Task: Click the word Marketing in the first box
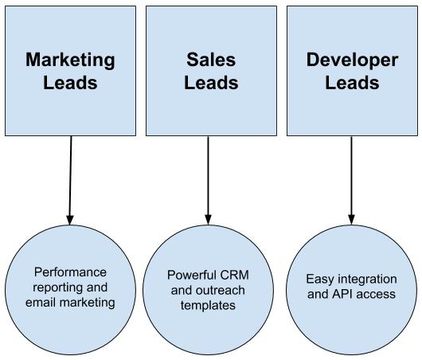coord(70,61)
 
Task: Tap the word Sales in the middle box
coord(211,60)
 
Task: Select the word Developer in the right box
coord(352,61)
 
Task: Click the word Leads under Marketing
coord(70,82)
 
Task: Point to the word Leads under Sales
coord(211,82)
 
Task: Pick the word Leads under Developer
coord(352,82)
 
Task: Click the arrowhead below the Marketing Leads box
coord(70,220)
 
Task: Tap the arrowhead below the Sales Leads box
coord(208,220)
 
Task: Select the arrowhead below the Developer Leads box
coord(351,220)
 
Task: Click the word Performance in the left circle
coord(70,272)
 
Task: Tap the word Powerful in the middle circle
coord(192,275)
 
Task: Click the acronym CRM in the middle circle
coord(234,275)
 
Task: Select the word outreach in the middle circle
coord(221,290)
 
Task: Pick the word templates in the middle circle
coord(208,306)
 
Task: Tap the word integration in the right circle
coord(367,280)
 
